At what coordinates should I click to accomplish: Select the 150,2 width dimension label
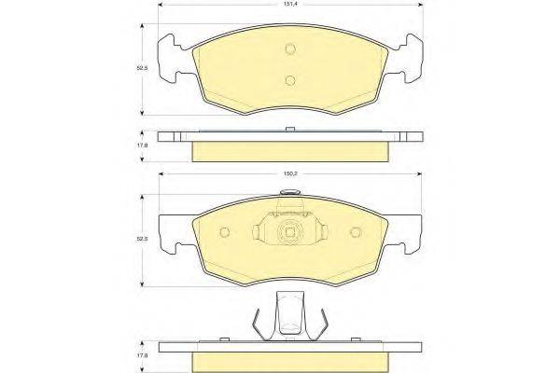click(x=290, y=173)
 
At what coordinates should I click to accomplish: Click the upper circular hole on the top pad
click(x=290, y=50)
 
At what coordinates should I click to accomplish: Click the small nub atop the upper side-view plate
click(x=290, y=129)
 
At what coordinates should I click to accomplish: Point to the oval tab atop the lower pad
click(x=290, y=194)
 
